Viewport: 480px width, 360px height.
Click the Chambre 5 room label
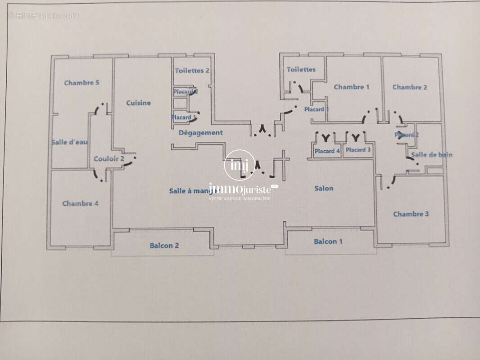(82, 83)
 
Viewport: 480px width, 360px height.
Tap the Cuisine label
(138, 103)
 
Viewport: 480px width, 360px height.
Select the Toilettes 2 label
(192, 70)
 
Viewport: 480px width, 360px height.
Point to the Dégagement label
(200, 133)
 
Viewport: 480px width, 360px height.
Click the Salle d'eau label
(70, 142)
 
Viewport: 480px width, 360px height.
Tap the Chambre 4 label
(80, 203)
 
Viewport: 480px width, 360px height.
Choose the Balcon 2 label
(164, 246)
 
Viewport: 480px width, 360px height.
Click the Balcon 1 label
(328, 242)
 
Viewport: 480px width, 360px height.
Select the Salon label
(324, 188)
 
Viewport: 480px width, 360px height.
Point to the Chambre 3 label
(411, 214)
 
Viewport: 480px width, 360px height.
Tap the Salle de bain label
(431, 155)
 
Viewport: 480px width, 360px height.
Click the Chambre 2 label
(410, 87)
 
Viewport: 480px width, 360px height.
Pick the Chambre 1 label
(351, 87)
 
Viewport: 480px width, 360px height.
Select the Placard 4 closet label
(327, 151)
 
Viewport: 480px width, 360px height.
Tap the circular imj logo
(239, 164)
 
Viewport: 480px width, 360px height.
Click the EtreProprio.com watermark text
(43, 15)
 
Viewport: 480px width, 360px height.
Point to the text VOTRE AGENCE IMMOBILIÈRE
(240, 198)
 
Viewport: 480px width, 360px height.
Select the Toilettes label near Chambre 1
(301, 69)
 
